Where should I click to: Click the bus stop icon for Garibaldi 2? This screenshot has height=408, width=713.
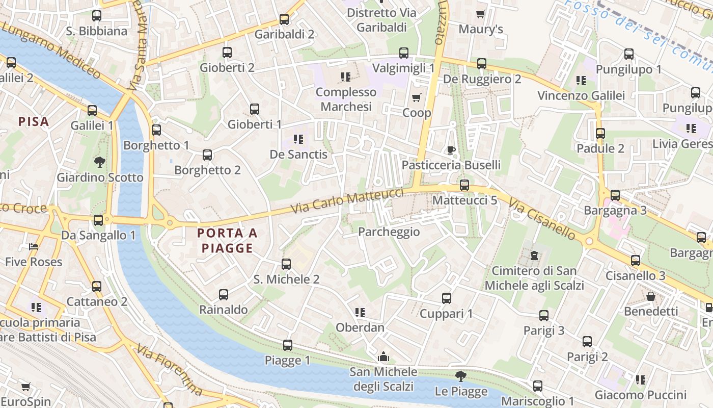[x=284, y=19]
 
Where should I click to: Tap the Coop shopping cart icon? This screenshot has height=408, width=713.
[x=417, y=97]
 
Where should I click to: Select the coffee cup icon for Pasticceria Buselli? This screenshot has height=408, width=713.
[x=451, y=149]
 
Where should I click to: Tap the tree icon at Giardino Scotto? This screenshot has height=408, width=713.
[x=100, y=162]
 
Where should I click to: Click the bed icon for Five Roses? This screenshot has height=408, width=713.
[x=34, y=247]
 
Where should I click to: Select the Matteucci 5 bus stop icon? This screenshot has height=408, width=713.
[x=464, y=185]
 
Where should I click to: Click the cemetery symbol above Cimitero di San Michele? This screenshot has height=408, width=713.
[x=534, y=255]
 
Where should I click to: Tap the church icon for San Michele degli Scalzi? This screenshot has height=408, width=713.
[x=383, y=356]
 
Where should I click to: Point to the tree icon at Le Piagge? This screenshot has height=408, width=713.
[x=461, y=376]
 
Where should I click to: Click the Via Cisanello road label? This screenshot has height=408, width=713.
[x=542, y=220]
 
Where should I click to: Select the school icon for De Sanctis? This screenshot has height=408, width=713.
[x=298, y=139]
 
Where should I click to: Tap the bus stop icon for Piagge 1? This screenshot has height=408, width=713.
[x=288, y=345]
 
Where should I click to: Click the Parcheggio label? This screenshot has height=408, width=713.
[x=389, y=232]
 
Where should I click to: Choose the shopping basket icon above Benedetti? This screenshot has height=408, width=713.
[x=651, y=296]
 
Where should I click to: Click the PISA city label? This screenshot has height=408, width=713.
[x=34, y=122]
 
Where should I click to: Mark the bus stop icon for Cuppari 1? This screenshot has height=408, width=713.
[x=447, y=298]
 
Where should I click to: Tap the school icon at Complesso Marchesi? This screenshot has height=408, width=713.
[x=346, y=77]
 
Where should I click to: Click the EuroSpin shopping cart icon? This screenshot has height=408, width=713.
[x=25, y=387]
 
